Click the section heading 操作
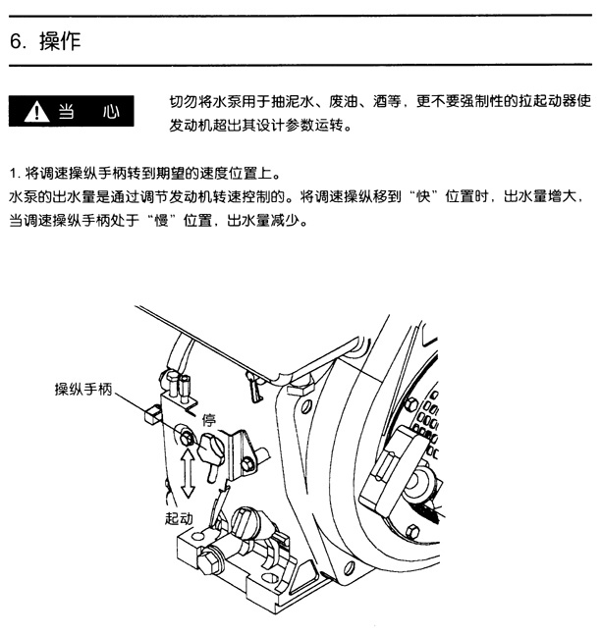[60, 41]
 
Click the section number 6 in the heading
[16, 41]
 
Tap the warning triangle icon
[36, 112]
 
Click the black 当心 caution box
[72, 111]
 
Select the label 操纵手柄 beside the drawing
[83, 390]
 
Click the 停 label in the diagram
[209, 420]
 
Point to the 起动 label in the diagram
[179, 518]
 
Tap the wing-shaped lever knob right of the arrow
[211, 449]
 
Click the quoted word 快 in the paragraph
[423, 197]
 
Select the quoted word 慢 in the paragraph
[161, 221]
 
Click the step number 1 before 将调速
[14, 174]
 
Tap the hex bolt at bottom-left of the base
[207, 562]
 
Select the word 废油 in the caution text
[344, 101]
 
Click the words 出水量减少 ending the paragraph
[263, 221]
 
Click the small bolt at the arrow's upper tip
[186, 438]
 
